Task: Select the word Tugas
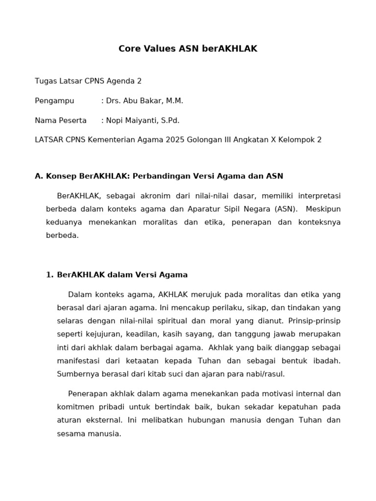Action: [x=46, y=81]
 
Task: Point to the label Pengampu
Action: [x=54, y=101]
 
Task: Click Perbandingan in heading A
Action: [x=162, y=176]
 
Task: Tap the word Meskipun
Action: [x=324, y=209]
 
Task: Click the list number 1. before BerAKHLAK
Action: [x=49, y=275]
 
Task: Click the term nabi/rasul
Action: [x=264, y=374]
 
